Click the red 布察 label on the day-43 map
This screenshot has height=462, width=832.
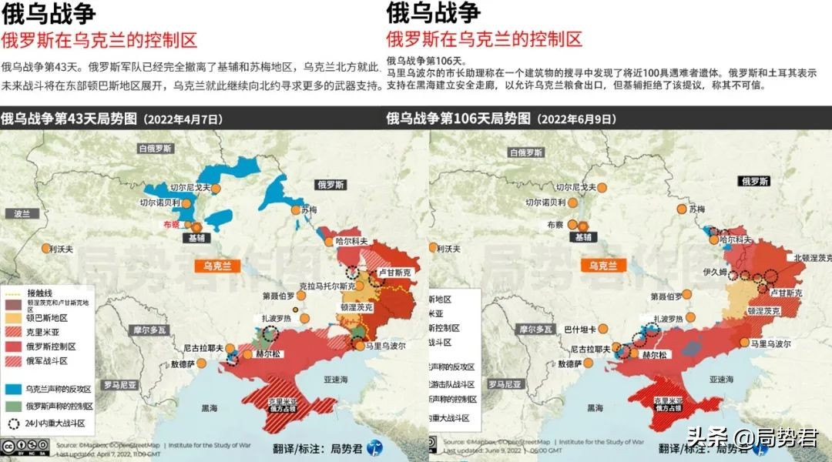171,224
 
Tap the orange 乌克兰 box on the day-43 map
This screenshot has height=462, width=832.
217,266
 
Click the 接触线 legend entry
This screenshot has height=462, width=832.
39,293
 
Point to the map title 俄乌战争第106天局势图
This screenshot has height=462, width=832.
458,119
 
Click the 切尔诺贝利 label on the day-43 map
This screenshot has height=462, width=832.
159,203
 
